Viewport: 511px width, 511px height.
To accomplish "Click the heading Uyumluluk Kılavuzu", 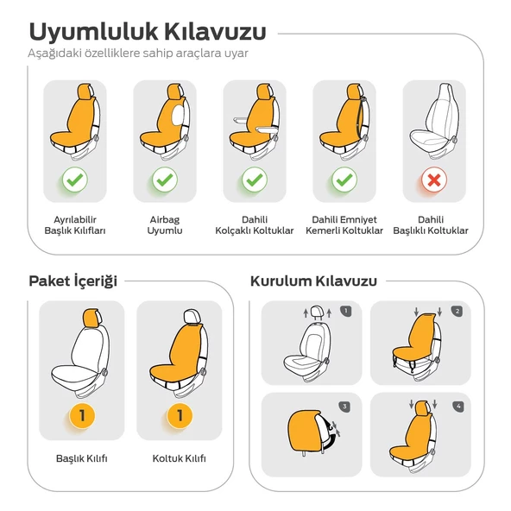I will [x=148, y=32].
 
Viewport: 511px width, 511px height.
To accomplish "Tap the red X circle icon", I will [x=434, y=180].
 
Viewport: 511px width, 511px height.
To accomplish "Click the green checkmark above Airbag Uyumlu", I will [x=164, y=180].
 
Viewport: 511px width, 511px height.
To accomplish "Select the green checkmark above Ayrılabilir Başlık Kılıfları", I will [x=74, y=180].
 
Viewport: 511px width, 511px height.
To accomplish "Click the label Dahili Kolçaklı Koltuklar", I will [x=254, y=225].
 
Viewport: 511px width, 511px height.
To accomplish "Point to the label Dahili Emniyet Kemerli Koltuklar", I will [x=344, y=225].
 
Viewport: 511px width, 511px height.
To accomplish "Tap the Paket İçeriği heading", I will [x=73, y=281].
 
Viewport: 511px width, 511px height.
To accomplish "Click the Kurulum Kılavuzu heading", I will [x=313, y=281].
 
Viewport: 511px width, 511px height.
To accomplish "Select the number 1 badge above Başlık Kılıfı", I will [x=82, y=416].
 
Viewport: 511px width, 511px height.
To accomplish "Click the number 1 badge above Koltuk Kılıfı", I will [x=180, y=416].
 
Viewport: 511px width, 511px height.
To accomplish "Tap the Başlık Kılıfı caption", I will [x=82, y=458].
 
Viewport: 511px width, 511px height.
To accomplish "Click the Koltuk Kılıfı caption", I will [x=180, y=458].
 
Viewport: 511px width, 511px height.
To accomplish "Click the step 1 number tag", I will [x=346, y=312].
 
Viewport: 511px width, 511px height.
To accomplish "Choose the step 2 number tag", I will [x=457, y=312].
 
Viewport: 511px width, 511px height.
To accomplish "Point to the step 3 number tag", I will [x=346, y=406].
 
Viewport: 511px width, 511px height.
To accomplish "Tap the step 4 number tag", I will [x=457, y=406].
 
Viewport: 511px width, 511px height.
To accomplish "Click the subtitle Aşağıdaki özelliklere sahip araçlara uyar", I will [x=138, y=54].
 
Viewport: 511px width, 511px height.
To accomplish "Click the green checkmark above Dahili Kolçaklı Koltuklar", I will [x=254, y=180].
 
